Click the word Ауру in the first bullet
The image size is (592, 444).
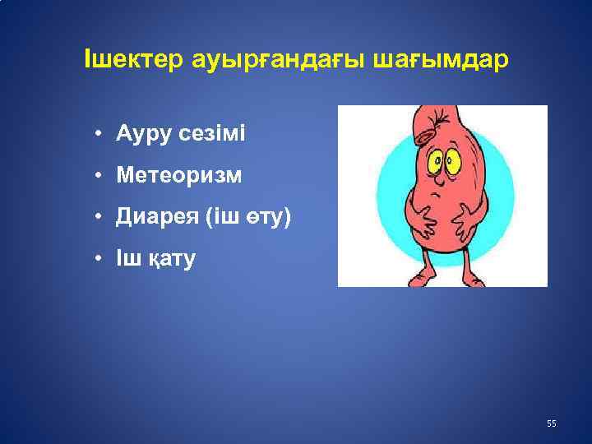click(142, 132)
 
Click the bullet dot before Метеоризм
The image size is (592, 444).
click(97, 175)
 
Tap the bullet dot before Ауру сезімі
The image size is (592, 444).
click(97, 132)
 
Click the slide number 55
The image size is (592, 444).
click(551, 423)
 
